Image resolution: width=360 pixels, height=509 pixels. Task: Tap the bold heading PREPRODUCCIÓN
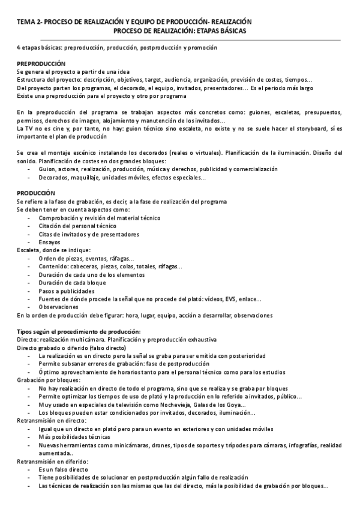coord(41,63)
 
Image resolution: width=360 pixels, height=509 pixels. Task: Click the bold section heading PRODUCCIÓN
coord(36,193)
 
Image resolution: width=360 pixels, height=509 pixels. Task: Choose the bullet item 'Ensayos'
coord(49,242)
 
